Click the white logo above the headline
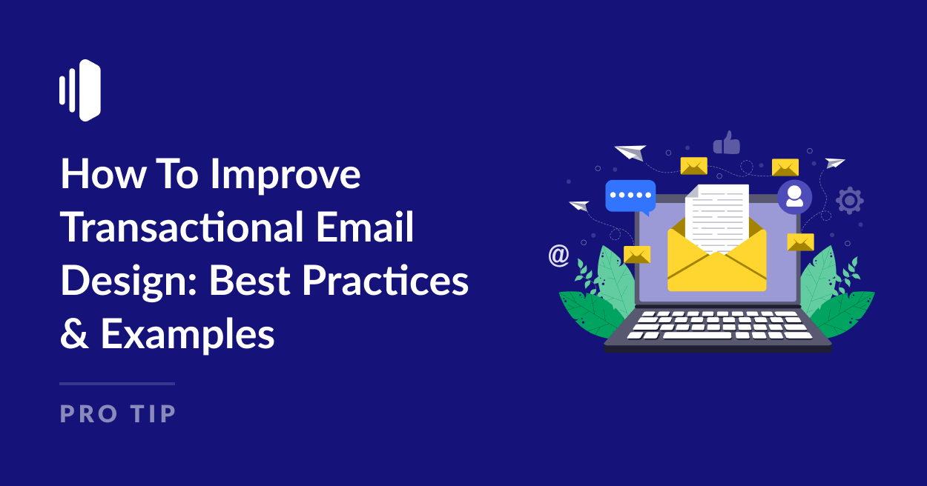coord(80,90)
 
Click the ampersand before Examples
coord(74,334)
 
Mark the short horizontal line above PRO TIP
coord(117,384)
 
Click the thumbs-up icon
coord(726,142)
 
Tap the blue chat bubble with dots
coord(630,196)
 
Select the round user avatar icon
coord(794,196)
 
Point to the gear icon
coord(849,200)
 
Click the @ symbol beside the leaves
coord(558,256)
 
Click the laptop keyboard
coord(717,324)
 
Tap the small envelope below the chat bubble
coord(637,254)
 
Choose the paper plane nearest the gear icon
coord(835,163)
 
